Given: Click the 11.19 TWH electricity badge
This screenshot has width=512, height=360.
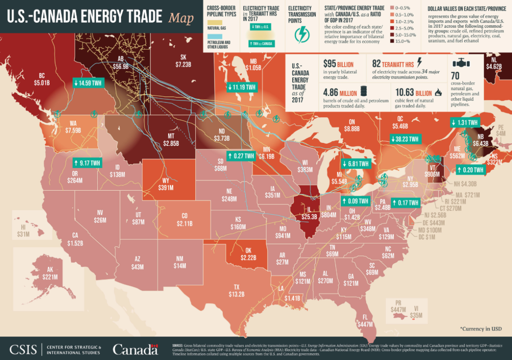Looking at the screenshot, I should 241,87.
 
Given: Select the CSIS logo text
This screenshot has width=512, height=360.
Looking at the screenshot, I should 24,349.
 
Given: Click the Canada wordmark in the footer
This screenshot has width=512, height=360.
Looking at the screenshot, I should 135,349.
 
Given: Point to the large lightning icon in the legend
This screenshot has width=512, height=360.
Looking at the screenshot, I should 302,33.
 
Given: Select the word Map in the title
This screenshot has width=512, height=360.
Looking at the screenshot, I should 180,18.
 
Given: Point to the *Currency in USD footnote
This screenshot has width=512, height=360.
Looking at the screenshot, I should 480,328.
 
